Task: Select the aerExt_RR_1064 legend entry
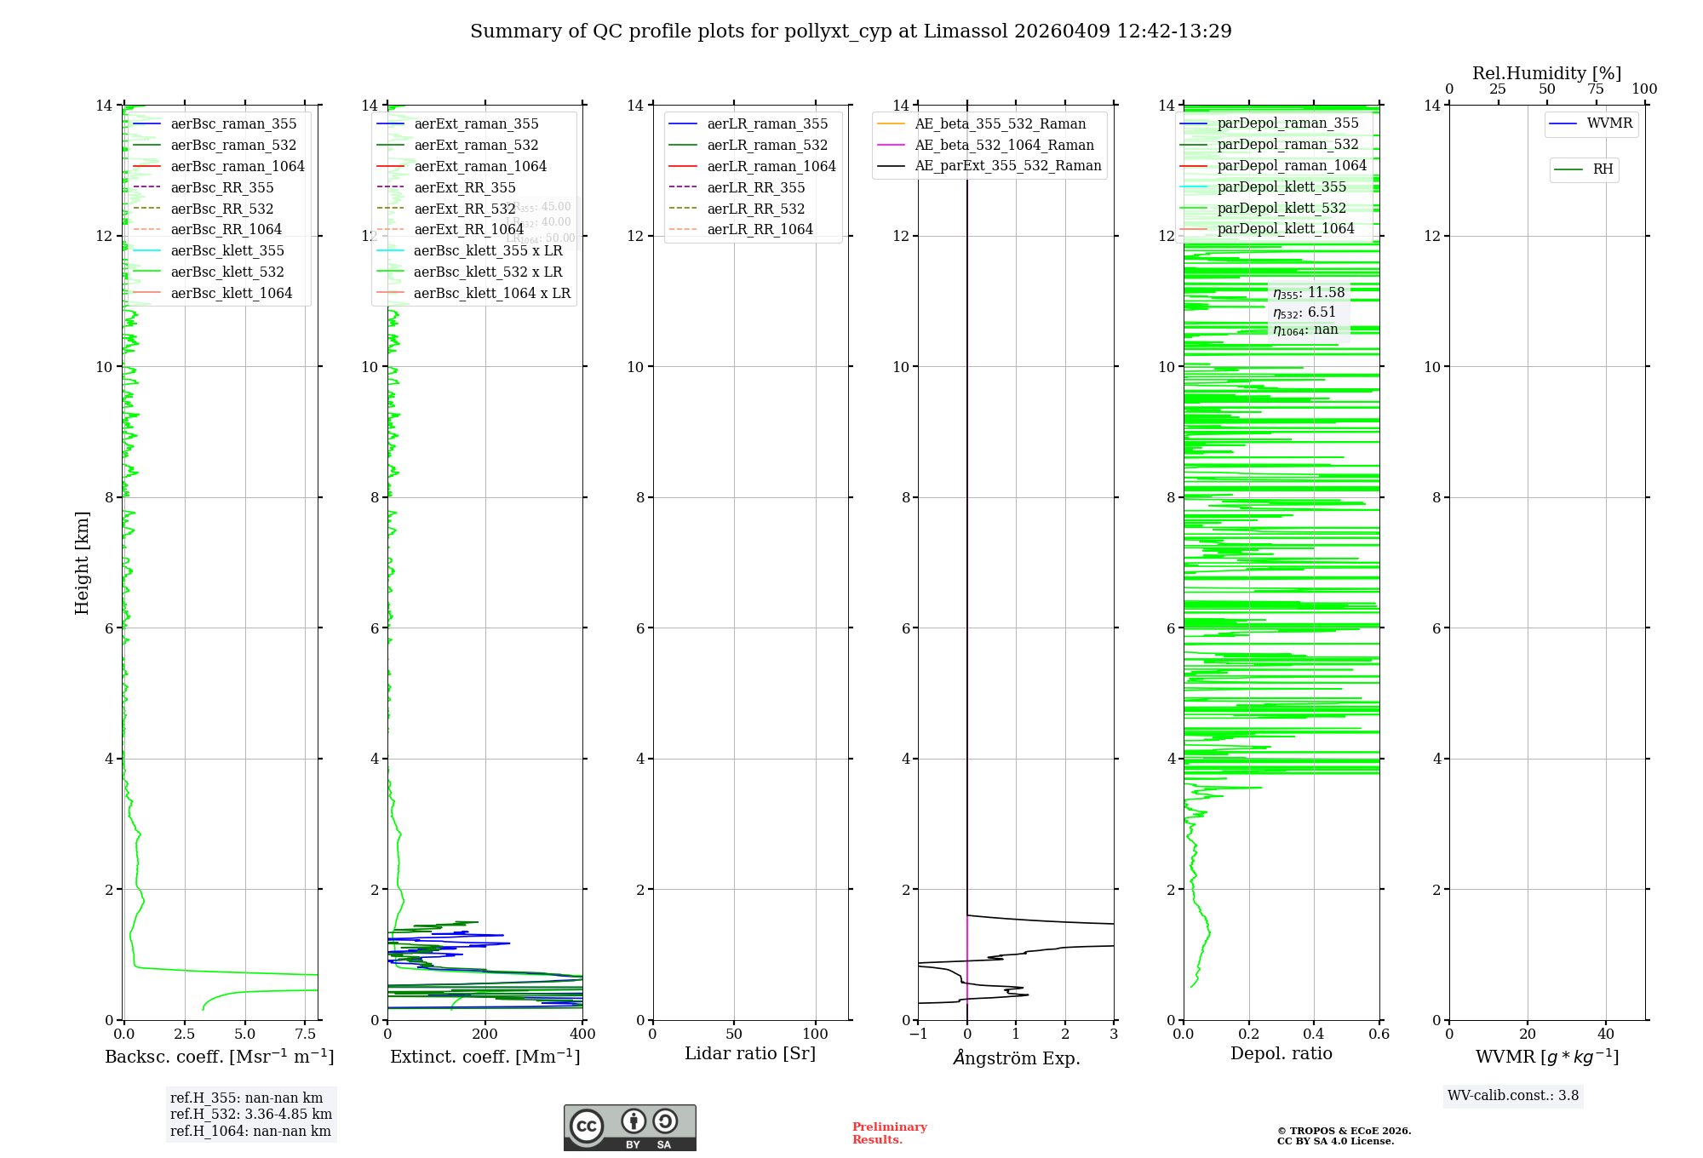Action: [468, 230]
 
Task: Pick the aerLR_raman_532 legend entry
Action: [766, 146]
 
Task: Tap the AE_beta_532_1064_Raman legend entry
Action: [1004, 146]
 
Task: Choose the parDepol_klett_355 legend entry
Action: [1282, 187]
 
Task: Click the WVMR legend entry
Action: [1608, 123]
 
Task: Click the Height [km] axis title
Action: [82, 563]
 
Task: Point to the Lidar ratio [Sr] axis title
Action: [750, 1054]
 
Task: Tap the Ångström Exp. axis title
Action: [1016, 1058]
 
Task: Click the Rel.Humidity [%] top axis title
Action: [1546, 73]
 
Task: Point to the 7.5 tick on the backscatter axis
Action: [306, 1035]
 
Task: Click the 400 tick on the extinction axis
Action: [582, 1035]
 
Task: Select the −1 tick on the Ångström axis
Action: [918, 1035]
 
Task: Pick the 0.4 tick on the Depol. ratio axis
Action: [1314, 1035]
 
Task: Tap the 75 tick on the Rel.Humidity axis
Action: [1596, 89]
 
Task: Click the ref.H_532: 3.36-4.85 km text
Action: [251, 1115]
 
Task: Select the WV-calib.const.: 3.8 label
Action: [1513, 1096]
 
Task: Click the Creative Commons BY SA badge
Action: [629, 1127]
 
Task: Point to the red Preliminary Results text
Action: [889, 1133]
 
